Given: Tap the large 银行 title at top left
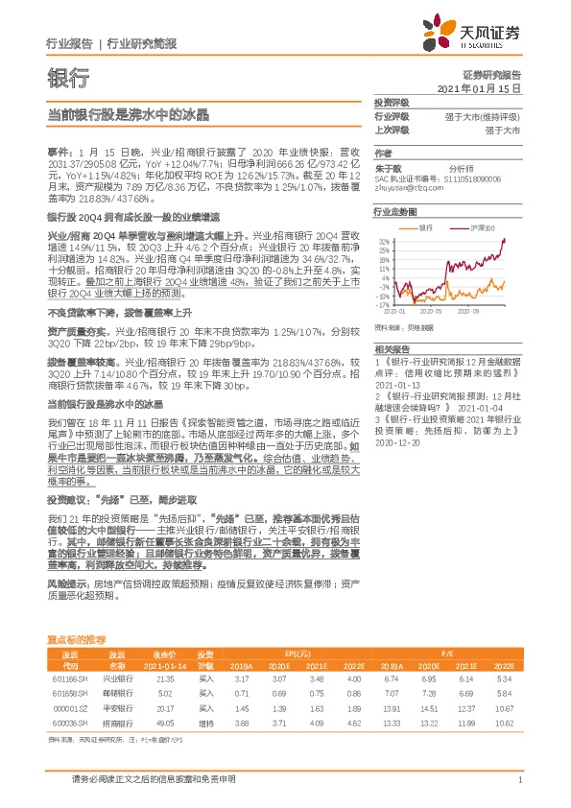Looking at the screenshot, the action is pyautogui.click(x=68, y=77).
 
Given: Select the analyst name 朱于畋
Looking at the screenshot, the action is pyautogui.click(x=386, y=165).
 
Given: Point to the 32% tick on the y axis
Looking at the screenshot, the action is pyautogui.click(x=383, y=241).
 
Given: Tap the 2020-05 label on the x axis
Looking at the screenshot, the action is pyautogui.click(x=442, y=312).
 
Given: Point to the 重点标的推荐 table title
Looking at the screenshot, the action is pyautogui.click(x=77, y=638).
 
